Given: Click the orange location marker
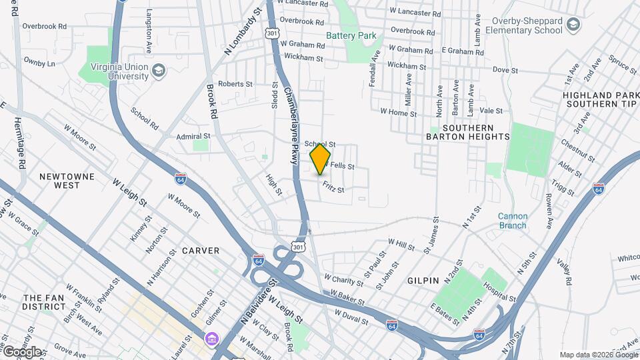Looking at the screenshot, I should coord(320,159).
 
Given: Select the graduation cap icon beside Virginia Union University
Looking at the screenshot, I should coord(159,71).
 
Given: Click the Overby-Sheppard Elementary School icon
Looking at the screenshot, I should coord(573,26).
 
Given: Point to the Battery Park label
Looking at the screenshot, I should coord(351,35).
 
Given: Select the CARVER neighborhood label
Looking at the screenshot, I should coord(200,251).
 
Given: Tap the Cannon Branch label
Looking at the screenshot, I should coord(513,221).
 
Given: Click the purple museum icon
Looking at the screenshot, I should coord(212,340).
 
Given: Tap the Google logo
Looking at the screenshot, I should coord(21,351).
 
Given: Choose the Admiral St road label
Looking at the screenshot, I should coord(193,136).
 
